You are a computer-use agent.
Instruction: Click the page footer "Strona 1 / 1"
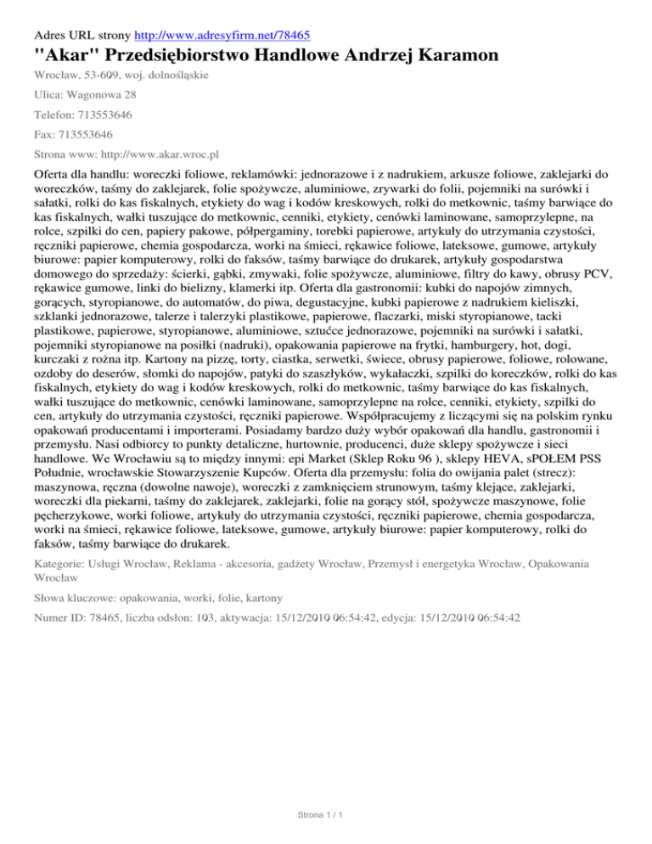[x=325, y=815]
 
